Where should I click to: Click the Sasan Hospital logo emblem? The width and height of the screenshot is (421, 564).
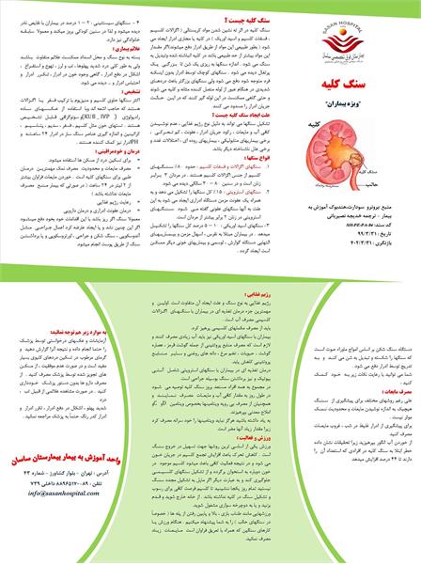pos(349,29)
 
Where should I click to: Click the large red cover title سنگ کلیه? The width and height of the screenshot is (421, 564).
pos(350,82)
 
